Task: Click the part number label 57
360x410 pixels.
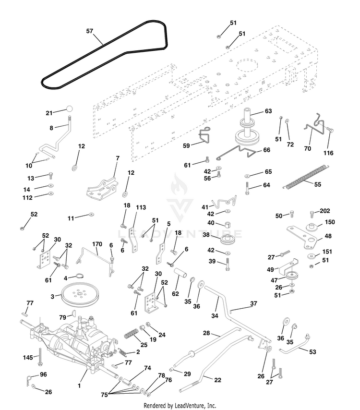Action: click(90, 31)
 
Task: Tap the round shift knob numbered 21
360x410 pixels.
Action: click(69, 109)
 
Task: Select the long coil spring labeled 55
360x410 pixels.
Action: click(306, 177)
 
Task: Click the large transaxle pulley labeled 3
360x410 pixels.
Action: click(79, 295)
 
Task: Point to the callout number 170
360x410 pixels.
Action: click(97, 244)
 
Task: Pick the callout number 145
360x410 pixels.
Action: click(28, 358)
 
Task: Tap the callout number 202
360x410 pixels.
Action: click(324, 211)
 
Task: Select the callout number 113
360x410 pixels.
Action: click(141, 207)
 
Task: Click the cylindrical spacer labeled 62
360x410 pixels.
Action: click(180, 274)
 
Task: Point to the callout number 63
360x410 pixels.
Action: click(268, 111)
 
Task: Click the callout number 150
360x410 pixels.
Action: click(330, 222)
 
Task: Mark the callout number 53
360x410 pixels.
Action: click(312, 352)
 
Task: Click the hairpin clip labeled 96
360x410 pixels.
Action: click(28, 380)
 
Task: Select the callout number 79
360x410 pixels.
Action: click(62, 317)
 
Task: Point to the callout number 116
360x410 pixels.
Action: click(328, 153)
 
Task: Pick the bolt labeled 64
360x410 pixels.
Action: click(247, 188)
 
